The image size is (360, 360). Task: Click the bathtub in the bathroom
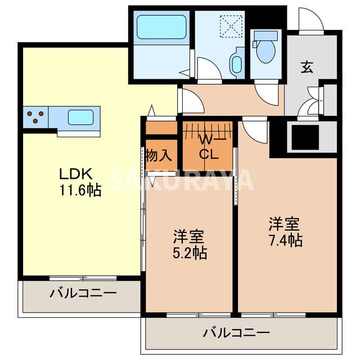point(161,27)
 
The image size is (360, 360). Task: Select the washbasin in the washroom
point(236,64)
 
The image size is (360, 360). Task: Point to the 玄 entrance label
point(306,66)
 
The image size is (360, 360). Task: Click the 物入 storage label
point(158,155)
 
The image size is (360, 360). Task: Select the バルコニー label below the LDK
point(82,293)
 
